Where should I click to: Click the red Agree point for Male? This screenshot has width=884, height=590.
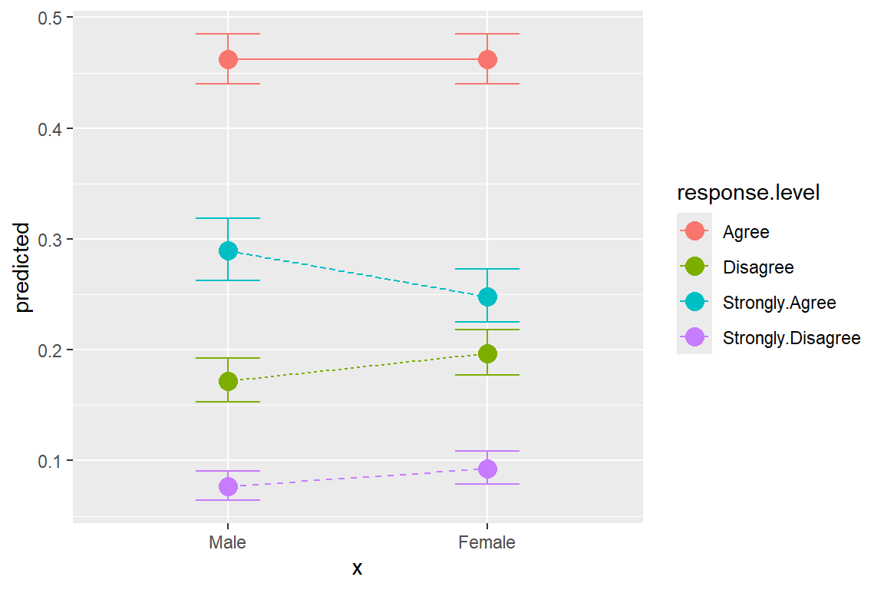click(x=228, y=59)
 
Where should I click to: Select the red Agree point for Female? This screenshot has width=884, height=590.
click(x=487, y=59)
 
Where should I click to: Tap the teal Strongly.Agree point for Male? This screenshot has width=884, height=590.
click(x=228, y=250)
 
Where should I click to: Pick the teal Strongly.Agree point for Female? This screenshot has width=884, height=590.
click(x=487, y=297)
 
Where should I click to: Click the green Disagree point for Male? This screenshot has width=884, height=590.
click(x=228, y=381)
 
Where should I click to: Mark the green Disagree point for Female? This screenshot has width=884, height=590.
click(x=487, y=353)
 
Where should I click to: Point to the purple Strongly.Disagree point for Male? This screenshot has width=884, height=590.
click(x=228, y=486)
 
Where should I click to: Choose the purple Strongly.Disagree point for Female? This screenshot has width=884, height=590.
click(x=487, y=469)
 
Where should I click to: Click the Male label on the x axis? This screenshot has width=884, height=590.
click(x=228, y=542)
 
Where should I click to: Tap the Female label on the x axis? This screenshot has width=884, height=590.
click(x=487, y=542)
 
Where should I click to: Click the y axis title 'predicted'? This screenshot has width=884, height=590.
click(x=23, y=267)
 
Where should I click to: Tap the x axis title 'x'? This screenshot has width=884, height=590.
click(x=357, y=569)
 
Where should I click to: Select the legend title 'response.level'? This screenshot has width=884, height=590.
click(x=748, y=194)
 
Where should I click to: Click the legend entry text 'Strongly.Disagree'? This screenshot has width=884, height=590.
click(x=791, y=337)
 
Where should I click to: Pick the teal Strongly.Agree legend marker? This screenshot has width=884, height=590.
click(x=694, y=302)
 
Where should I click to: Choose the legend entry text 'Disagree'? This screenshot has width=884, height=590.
click(x=758, y=267)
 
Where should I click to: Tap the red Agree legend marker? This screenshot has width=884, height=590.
click(x=694, y=231)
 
